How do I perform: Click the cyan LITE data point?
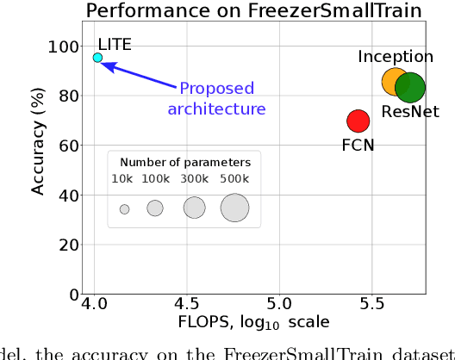[97, 58]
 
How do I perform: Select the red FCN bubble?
[358, 121]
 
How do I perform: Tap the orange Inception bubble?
[395, 82]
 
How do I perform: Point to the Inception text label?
[396, 57]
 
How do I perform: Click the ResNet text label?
[410, 112]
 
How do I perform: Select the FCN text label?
[358, 145]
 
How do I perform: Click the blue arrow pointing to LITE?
[138, 74]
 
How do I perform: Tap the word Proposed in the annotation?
[216, 89]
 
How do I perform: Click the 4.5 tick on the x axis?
[186, 304]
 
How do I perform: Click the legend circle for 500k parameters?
[234, 208]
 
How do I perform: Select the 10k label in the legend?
[123, 178]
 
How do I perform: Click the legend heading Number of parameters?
[185, 161]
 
